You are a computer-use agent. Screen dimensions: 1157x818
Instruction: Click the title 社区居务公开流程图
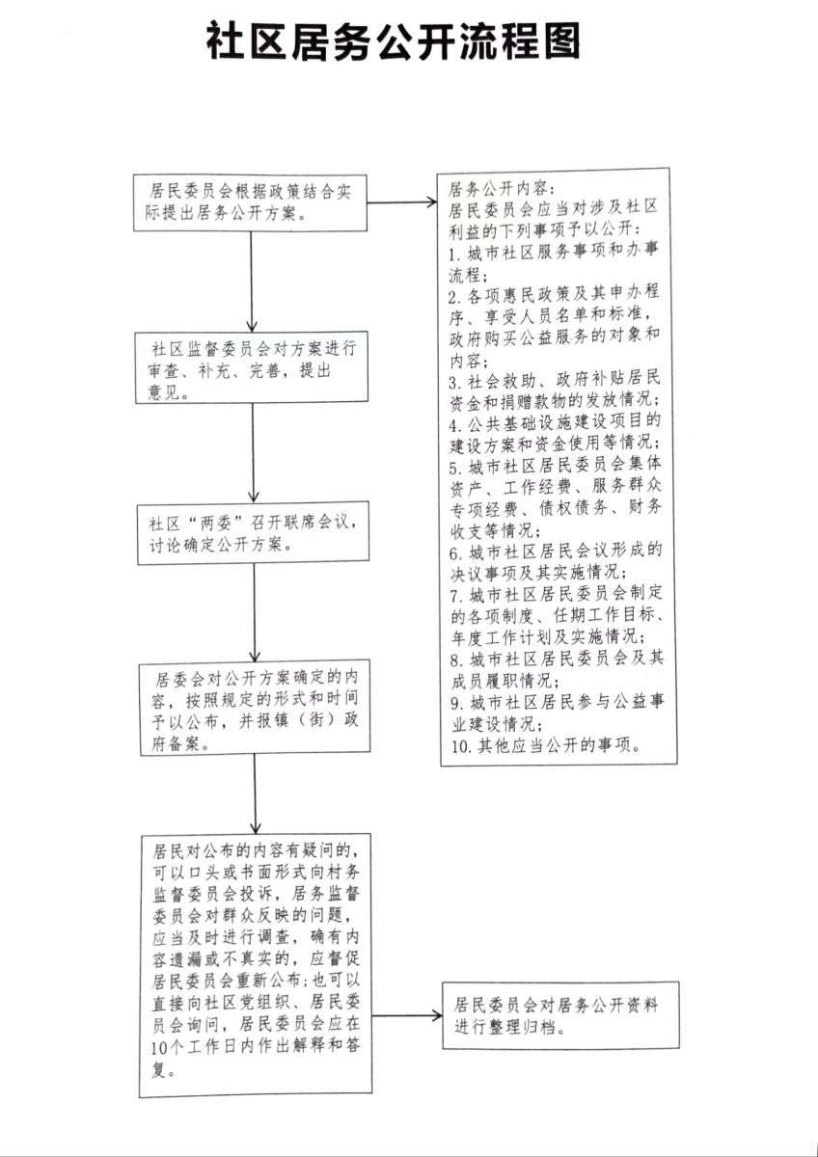[394, 43]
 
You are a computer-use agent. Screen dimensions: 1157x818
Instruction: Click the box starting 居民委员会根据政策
[250, 202]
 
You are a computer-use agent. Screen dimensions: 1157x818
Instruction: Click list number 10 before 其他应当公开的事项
[458, 745]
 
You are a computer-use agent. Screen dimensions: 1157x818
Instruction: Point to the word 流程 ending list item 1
[469, 274]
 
